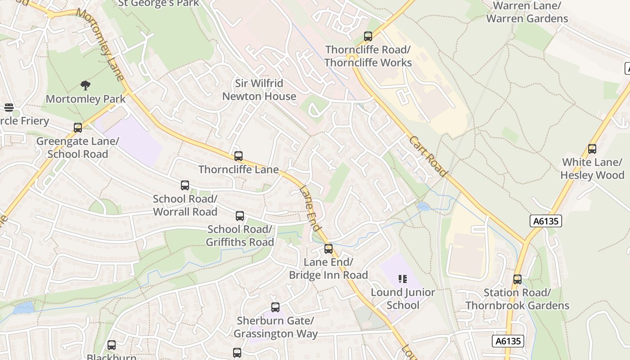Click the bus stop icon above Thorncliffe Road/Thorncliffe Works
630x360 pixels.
368,36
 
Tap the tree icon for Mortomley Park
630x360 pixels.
85,85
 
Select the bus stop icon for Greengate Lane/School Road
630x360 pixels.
78,128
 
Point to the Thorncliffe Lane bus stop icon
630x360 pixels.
238,156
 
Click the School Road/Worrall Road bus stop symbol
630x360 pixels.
185,185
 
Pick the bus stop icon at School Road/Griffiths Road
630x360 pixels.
240,216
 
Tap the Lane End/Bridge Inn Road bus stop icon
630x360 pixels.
328,249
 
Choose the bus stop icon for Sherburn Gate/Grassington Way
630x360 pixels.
275,307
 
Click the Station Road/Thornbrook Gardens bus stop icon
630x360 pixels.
517,279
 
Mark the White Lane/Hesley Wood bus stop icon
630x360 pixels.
592,149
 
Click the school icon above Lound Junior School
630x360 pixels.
403,279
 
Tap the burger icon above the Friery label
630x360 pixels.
9,108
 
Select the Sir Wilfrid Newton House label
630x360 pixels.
259,90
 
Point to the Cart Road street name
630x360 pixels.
428,157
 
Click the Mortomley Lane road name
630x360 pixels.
100,44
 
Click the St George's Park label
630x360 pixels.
158,4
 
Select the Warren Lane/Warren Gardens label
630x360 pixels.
527,12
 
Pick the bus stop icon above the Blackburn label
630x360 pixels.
112,345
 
